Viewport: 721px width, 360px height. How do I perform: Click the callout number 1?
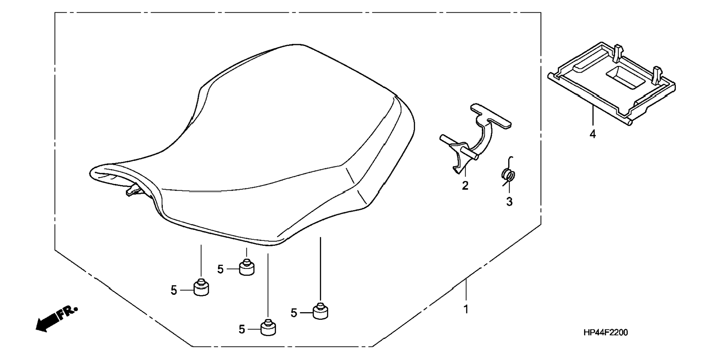click(466, 309)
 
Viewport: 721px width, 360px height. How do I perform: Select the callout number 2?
click(465, 185)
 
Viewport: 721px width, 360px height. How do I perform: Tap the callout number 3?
click(509, 202)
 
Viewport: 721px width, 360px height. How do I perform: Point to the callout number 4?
click(593, 134)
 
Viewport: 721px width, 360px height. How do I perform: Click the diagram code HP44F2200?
click(605, 332)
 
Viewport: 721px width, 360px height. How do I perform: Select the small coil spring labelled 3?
click(508, 175)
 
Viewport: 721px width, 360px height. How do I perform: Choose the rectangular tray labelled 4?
click(611, 86)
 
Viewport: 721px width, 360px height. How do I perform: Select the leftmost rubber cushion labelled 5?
click(201, 288)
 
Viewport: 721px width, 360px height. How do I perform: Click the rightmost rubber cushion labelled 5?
click(320, 311)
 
